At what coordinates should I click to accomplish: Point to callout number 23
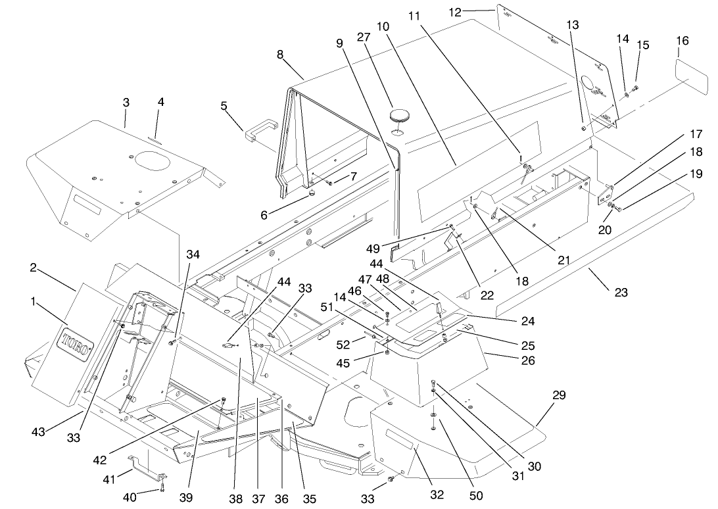click(621, 293)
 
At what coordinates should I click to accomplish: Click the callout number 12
click(456, 11)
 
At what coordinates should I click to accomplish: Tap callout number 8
click(280, 55)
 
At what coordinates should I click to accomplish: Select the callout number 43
click(38, 431)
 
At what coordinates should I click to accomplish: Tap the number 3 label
click(126, 103)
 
